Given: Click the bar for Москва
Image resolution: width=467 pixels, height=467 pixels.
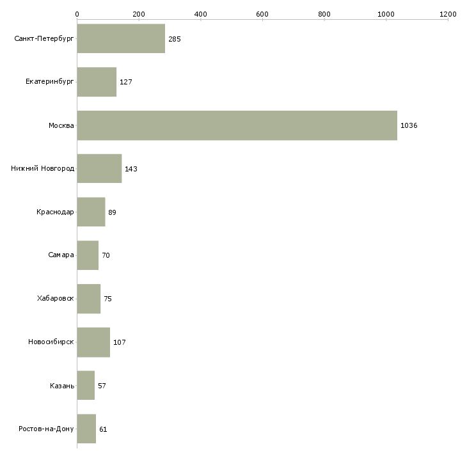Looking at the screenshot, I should [x=237, y=125].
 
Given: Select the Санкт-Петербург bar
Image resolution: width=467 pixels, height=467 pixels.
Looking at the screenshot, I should [x=121, y=39].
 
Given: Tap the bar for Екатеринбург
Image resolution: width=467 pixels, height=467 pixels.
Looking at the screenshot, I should [x=97, y=82].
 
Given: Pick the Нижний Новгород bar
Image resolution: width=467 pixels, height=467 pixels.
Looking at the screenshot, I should [x=99, y=169].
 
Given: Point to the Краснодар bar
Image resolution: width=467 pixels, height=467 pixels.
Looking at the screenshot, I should [x=91, y=212].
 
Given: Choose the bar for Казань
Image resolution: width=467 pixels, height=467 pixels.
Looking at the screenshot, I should [x=86, y=385].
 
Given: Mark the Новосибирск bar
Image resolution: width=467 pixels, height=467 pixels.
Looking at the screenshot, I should [x=93, y=342].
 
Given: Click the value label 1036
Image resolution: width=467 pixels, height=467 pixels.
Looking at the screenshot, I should [x=409, y=125].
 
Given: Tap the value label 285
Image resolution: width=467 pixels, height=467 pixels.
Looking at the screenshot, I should [x=175, y=39].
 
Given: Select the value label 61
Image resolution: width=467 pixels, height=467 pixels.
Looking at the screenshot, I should [x=103, y=429].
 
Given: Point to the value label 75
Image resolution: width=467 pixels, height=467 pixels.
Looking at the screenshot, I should [x=107, y=299].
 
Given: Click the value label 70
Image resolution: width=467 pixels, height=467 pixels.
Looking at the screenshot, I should [x=106, y=255].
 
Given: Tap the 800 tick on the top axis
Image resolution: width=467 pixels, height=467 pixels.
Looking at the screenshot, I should [x=324, y=13].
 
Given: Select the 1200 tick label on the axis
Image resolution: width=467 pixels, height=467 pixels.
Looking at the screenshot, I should [x=448, y=13].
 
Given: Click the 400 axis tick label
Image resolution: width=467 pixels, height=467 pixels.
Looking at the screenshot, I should [x=200, y=13].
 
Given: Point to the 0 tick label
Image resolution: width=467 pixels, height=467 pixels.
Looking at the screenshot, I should [x=77, y=13].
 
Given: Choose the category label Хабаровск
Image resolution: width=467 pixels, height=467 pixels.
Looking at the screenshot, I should [x=56, y=298].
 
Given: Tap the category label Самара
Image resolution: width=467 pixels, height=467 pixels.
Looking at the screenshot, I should [x=61, y=255].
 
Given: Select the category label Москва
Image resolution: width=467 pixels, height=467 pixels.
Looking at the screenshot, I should [x=61, y=125].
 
